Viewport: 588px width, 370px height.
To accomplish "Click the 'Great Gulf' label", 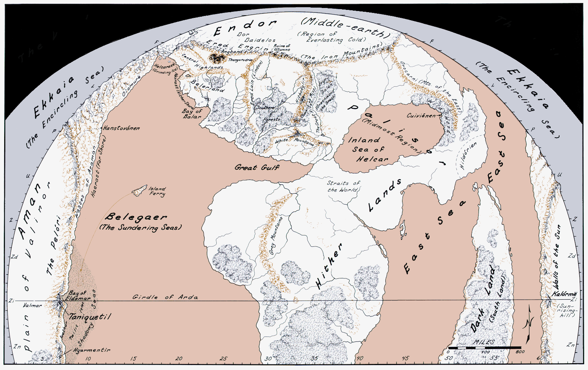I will [257, 167].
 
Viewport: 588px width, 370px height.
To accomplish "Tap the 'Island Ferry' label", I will [157, 191].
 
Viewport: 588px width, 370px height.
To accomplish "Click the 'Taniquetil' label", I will [90, 317].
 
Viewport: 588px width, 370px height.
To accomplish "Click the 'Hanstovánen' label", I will [121, 128].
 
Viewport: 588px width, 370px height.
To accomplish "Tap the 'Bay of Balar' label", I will [192, 114].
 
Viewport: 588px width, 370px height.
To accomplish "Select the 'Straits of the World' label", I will [343, 186].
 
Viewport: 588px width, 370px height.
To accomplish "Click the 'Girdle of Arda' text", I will [165, 297].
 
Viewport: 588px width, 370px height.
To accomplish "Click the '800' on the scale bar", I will [520, 352].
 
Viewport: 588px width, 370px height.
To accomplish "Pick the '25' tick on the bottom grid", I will [223, 358].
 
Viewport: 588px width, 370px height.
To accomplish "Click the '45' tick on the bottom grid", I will [405, 358].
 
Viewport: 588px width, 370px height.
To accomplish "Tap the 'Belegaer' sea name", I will [136, 217].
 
